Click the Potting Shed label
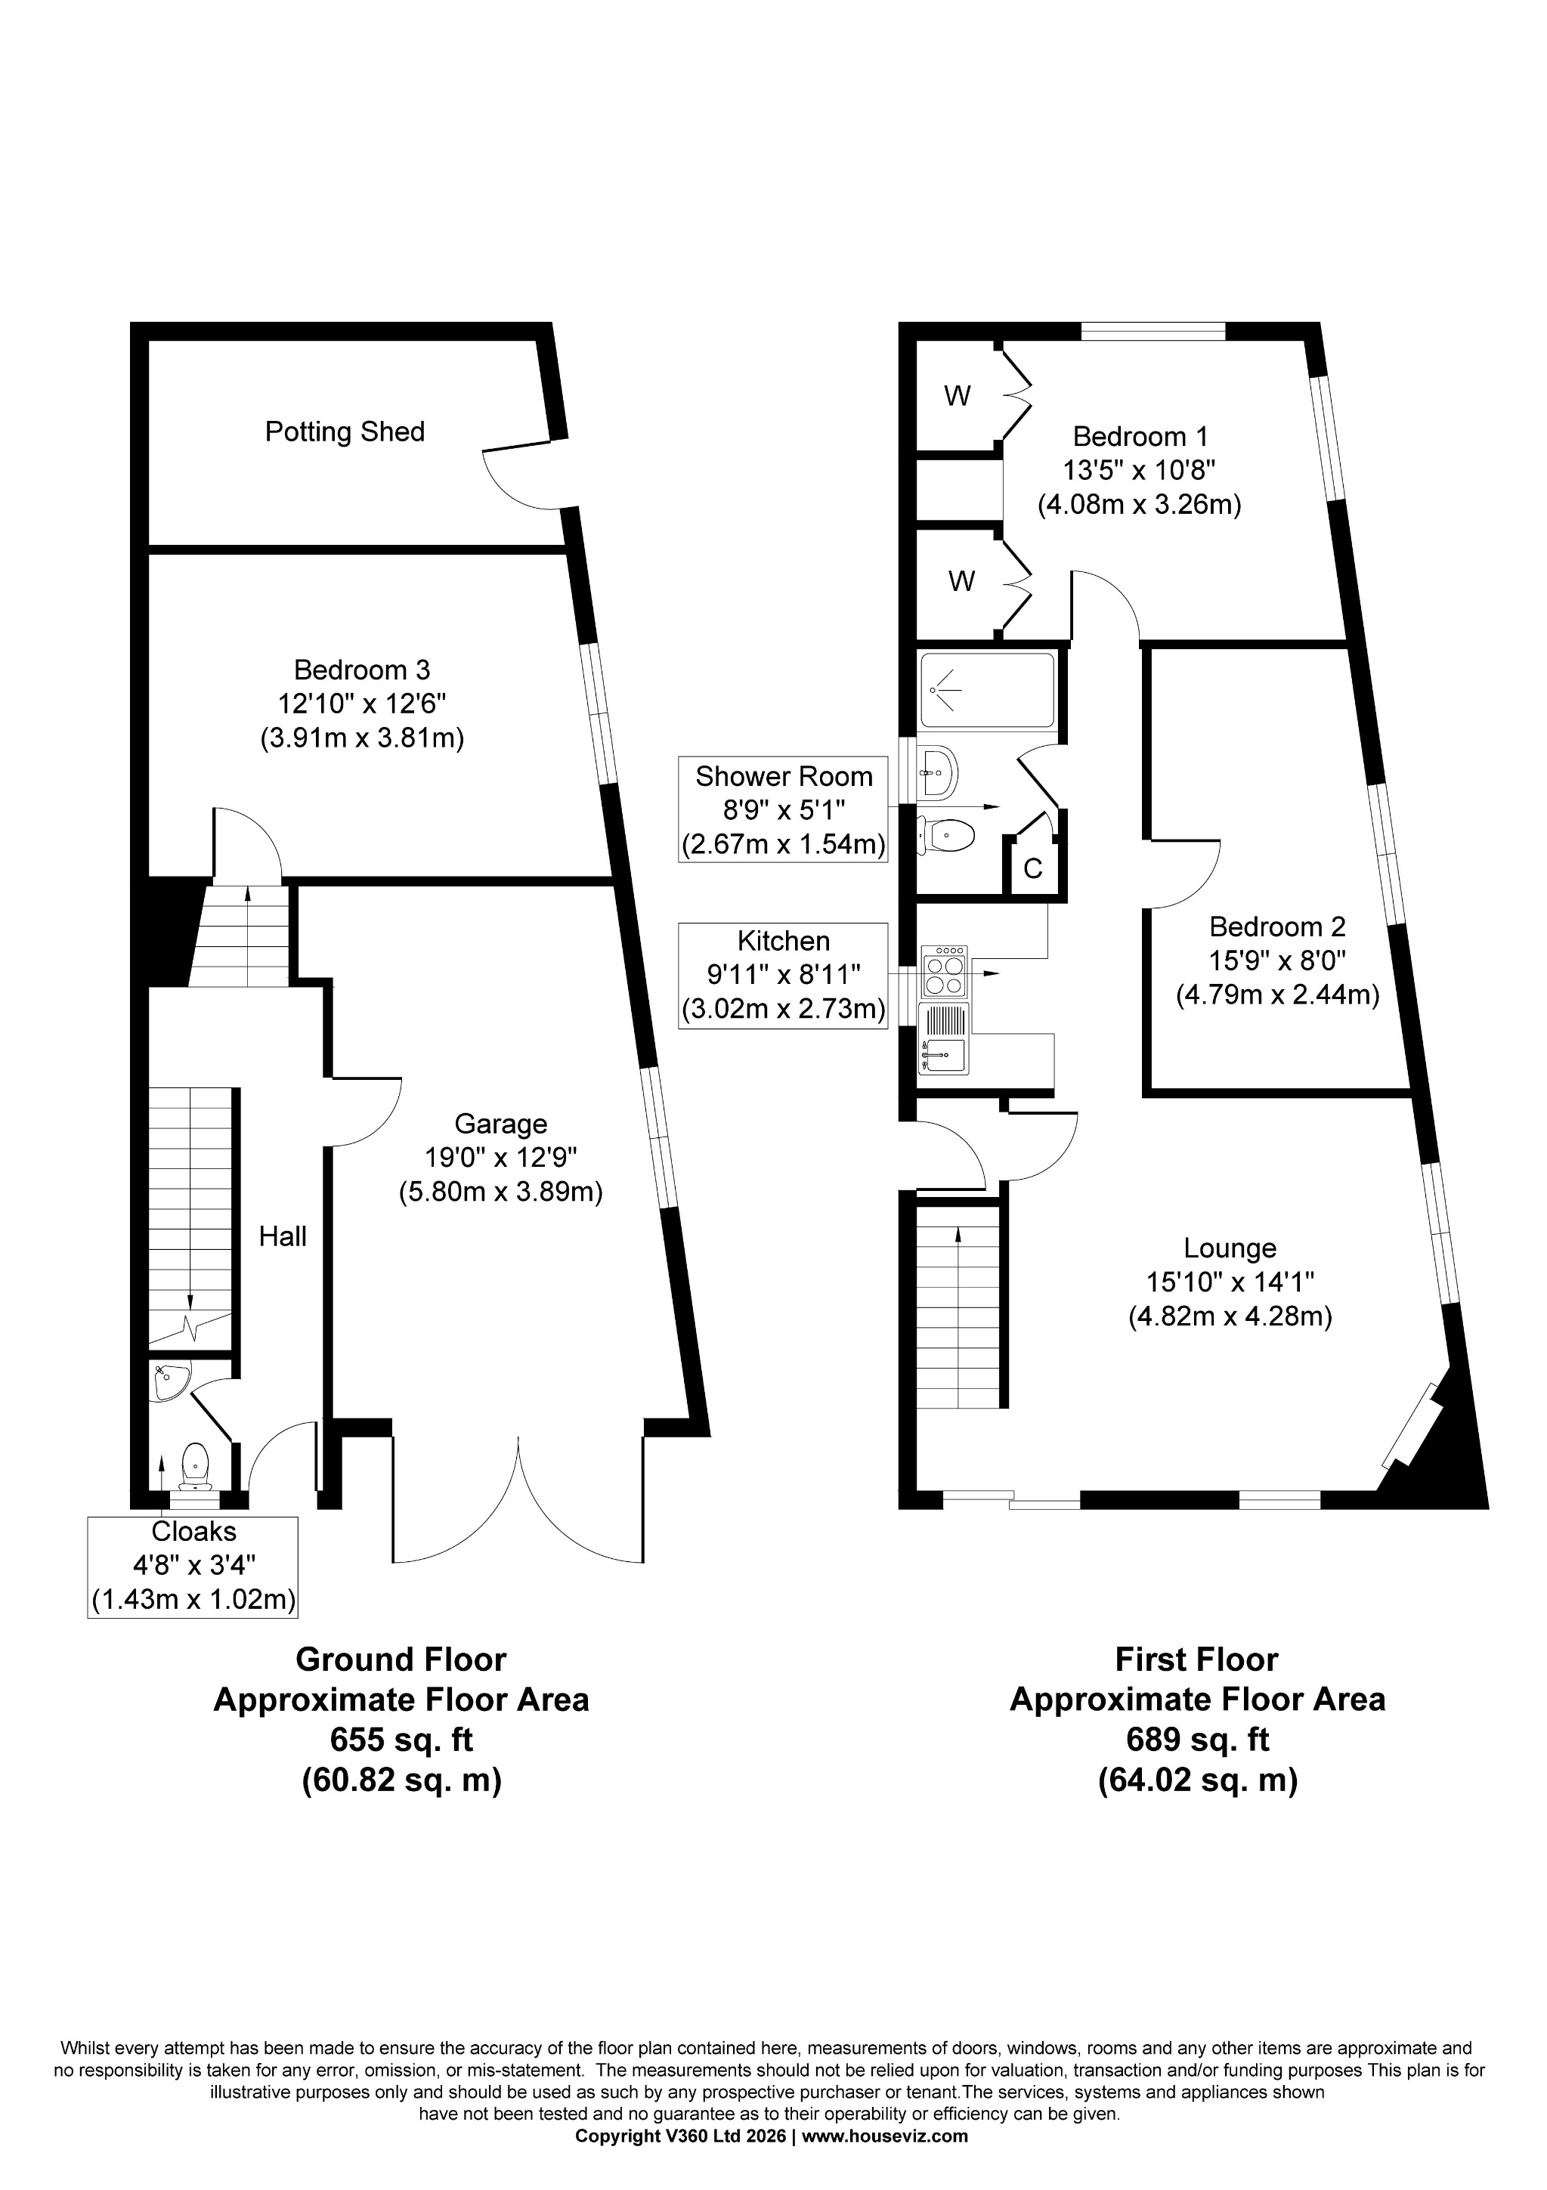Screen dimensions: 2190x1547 pos(345,432)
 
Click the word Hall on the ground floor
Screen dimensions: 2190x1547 pos(283,1236)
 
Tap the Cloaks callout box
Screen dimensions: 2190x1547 pos(193,1565)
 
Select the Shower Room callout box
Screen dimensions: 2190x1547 pos(783,810)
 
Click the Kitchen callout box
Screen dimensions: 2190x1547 pos(783,975)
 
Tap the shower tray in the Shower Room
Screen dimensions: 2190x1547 pos(986,690)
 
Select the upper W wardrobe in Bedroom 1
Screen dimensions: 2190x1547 pos(957,396)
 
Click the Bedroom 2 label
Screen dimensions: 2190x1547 pos(1277,926)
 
